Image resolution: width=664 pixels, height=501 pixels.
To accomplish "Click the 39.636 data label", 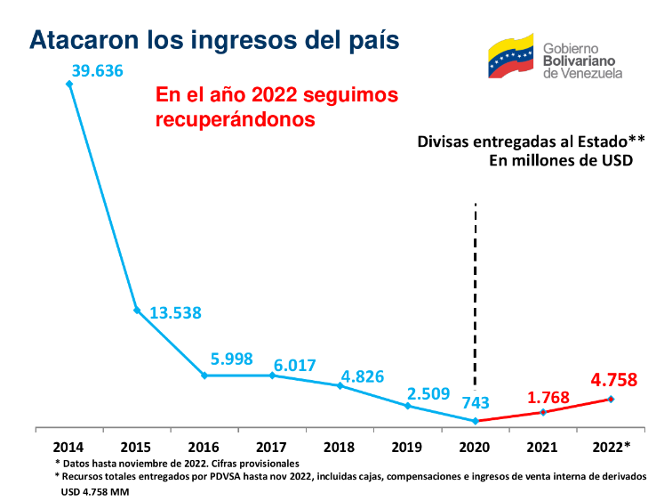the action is point(98,71).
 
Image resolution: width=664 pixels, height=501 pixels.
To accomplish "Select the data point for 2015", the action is point(137,311).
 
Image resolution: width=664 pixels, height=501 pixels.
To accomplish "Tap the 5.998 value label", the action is point(232,359).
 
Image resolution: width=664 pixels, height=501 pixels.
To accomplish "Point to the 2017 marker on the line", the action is point(272,376).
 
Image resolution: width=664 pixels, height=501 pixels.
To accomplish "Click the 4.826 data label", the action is point(363,376).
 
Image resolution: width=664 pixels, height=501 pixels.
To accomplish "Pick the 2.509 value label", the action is point(428,393).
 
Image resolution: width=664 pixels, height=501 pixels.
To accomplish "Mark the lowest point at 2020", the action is point(476,421).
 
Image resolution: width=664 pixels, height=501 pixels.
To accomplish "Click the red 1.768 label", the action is point(548,398).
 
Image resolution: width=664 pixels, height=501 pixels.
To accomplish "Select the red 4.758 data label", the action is point(614,380).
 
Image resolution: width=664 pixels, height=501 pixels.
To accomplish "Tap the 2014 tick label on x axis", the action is point(68,448).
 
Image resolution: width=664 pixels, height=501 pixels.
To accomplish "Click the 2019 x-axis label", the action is point(406,448).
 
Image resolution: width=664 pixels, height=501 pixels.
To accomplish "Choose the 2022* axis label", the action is point(611,447).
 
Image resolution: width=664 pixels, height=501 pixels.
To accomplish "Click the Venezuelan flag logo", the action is point(511,56).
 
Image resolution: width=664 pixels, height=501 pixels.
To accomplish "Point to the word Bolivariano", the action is point(579,61).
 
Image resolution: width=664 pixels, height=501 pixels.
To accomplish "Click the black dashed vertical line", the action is point(476,296).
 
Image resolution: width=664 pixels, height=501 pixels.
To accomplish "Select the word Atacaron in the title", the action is point(84,40).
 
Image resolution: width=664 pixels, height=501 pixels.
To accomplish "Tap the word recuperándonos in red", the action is point(235,119).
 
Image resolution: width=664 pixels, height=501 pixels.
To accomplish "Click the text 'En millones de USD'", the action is point(561,161).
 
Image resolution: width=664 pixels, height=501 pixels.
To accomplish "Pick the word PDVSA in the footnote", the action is point(225,476).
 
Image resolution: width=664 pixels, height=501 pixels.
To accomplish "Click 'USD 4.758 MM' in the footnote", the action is point(95,492).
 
